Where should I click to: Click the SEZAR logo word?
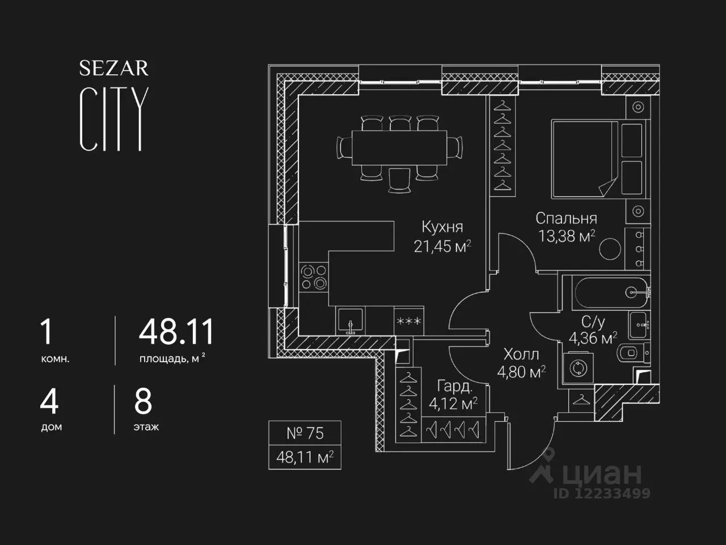114,68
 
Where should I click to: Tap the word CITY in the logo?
114,119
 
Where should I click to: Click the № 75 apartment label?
305,433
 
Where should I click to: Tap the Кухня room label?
442,227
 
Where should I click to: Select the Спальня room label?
567,219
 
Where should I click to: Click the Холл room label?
521,354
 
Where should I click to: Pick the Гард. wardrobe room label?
455,386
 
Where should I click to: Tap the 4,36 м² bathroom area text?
593,338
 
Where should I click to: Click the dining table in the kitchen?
399,148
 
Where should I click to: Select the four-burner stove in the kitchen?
314,277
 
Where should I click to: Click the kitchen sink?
351,321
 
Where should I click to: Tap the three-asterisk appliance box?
409,321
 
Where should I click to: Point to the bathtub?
611,293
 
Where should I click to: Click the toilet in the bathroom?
634,353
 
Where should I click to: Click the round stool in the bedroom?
610,249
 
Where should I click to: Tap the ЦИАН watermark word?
602,474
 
